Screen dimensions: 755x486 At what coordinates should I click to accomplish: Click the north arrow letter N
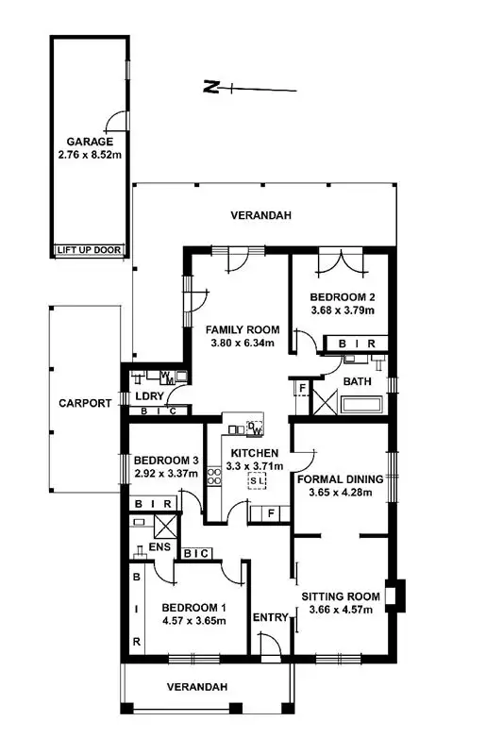click(214, 89)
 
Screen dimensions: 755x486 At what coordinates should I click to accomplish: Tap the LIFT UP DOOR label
click(90, 250)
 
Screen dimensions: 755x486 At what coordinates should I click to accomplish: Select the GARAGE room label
click(90, 142)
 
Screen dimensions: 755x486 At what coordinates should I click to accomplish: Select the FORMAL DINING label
click(340, 478)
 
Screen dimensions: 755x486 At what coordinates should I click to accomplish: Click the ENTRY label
click(271, 617)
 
